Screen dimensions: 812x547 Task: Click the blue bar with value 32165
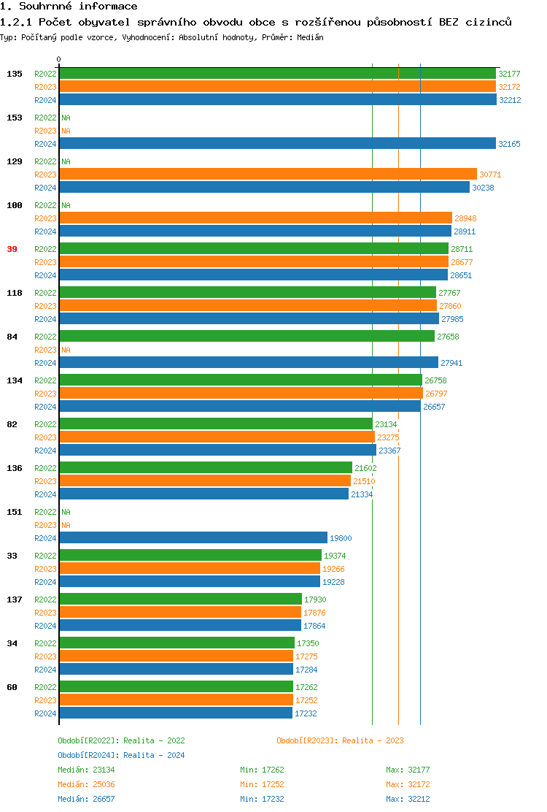pos(277,144)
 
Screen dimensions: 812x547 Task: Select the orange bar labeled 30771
pos(268,175)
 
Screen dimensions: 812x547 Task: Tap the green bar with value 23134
pos(215,424)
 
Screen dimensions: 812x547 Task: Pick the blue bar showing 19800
pos(193,538)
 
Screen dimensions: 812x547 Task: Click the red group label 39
pos(12,249)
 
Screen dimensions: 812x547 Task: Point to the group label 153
pos(15,118)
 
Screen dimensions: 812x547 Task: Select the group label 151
pos(15,512)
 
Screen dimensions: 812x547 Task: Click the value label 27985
pos(452,319)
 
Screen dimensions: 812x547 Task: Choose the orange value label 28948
pos(465,218)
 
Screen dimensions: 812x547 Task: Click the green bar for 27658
pos(247,337)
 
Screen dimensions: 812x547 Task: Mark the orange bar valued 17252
pos(176,700)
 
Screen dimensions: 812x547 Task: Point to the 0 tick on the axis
pos(59,60)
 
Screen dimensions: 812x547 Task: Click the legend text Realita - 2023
pos(373,740)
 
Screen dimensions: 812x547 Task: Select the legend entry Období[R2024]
pos(89,755)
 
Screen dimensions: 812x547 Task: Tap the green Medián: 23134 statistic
pos(86,770)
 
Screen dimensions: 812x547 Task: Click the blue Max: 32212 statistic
pos(408,799)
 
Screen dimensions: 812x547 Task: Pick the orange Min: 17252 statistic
pos(262,784)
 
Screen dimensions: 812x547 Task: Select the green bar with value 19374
pos(190,556)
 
